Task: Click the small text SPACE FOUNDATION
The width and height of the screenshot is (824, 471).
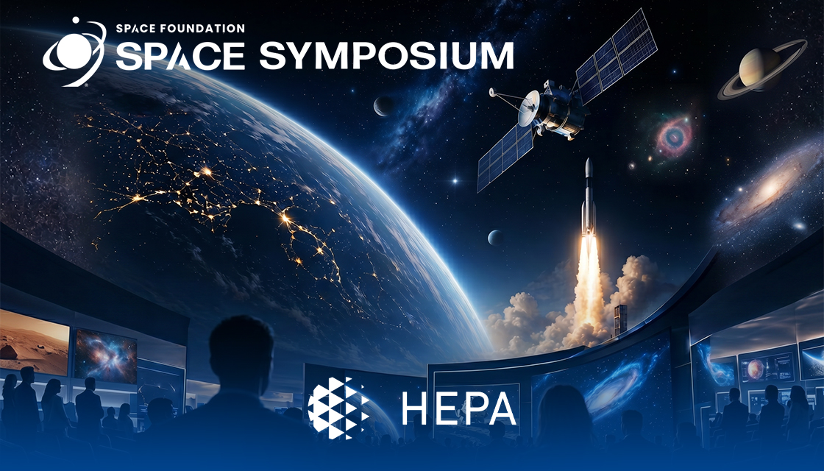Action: coord(180,29)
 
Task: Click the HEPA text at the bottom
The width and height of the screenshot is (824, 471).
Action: coord(458,408)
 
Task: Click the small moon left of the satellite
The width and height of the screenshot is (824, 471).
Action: coord(383,106)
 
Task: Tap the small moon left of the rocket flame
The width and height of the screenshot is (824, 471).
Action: coord(496,237)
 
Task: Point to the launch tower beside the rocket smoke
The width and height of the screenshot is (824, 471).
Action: coord(619,320)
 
